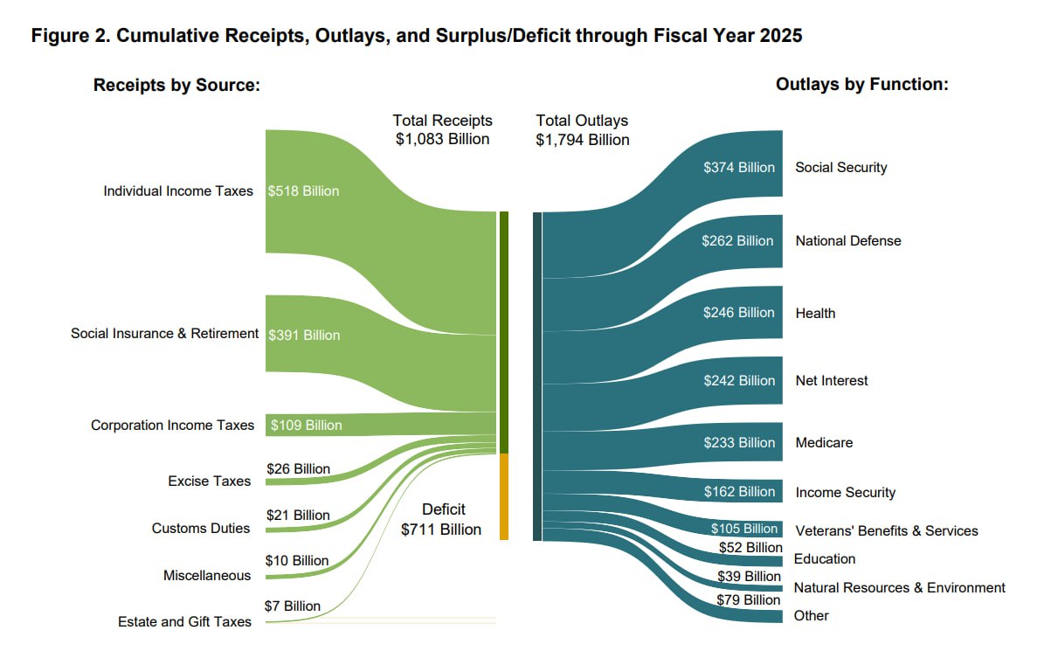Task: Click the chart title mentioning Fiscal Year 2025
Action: pos(417,37)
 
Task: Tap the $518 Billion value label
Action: pos(303,190)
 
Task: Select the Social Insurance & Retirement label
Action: pos(165,333)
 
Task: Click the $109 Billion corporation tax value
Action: pos(306,426)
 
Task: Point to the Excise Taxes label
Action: pos(209,481)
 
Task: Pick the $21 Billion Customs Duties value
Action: pos(298,515)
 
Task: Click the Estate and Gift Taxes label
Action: pos(184,621)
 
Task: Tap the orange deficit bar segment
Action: pos(504,496)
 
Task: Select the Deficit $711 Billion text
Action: pos(442,519)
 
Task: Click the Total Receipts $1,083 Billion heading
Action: pos(442,129)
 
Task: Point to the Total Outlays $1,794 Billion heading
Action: pos(583,129)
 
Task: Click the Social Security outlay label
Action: pos(840,167)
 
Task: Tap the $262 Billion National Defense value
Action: pos(737,240)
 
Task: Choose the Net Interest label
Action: pos(832,380)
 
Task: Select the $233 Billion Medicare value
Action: pos(739,442)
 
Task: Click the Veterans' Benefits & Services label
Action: pos(887,530)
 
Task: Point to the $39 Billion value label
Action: pos(749,576)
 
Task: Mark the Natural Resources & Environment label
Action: pos(899,587)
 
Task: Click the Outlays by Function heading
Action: pos(861,85)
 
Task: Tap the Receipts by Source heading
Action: pos(177,86)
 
